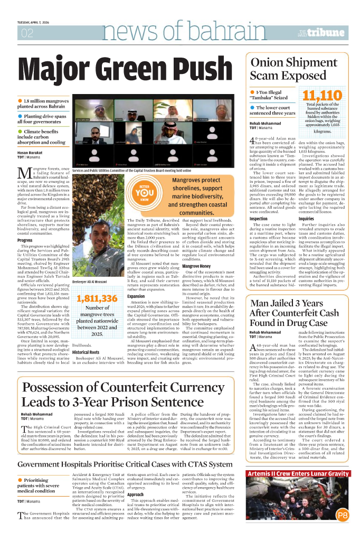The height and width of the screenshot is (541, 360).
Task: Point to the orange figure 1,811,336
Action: tap(97, 299)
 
